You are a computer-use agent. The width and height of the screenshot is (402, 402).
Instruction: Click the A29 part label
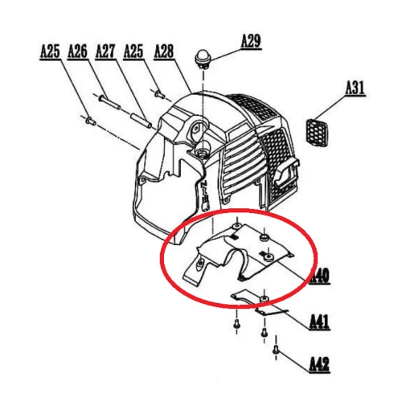pos(251,40)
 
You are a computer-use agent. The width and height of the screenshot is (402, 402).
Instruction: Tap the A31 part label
pos(355,89)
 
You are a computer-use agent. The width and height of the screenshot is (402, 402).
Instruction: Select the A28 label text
pos(163,52)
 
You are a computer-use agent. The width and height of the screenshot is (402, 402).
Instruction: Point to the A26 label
pos(77,52)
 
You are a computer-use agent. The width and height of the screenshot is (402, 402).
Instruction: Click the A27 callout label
pos(105,52)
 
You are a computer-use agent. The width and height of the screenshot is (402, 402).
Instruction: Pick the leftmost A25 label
pos(50,52)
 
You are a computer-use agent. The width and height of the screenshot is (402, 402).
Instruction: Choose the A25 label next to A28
pos(133,52)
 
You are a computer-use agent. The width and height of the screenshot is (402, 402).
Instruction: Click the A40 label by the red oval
pos(320,277)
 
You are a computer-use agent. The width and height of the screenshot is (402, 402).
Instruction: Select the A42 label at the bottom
pos(320,364)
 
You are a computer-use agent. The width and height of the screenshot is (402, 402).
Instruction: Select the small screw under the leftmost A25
pos(88,120)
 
